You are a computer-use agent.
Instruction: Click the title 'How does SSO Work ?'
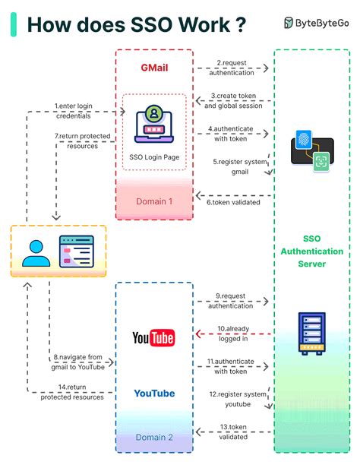point(137,24)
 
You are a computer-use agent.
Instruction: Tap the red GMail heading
point(154,67)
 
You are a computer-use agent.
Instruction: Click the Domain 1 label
point(154,201)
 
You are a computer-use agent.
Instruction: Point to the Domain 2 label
point(154,437)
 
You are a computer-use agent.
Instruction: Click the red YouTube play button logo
point(153,337)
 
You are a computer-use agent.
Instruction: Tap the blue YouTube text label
point(154,394)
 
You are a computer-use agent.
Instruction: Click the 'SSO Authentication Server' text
point(311,251)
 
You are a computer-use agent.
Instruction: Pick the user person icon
point(35,251)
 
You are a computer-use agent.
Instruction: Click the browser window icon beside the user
point(77,251)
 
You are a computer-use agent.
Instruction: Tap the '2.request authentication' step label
point(233,67)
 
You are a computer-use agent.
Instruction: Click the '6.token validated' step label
point(233,201)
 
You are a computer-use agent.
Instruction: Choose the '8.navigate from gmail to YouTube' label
point(78,361)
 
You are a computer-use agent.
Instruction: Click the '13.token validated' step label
point(233,432)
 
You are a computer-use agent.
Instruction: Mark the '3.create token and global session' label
point(233,101)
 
